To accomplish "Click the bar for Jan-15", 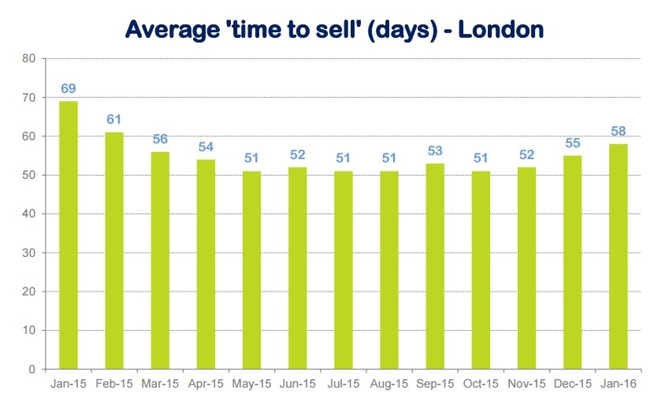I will tap(69, 235).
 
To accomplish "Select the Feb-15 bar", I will tap(114, 251).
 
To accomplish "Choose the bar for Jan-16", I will tap(618, 256).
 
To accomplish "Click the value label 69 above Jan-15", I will tap(69, 88).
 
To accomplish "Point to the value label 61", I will tap(114, 120).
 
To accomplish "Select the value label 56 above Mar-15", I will tap(160, 139).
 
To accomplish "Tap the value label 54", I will tap(206, 147).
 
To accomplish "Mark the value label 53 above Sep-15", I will tap(435, 150).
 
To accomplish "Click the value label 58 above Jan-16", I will tap(618, 131).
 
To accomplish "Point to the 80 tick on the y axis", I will tap(29, 58).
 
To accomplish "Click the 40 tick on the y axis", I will tap(29, 213).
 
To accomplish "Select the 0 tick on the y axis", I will tap(32, 369).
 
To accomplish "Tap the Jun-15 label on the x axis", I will tap(297, 384).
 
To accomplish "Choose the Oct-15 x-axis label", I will tap(481, 384).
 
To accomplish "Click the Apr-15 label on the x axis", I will tap(206, 384).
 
